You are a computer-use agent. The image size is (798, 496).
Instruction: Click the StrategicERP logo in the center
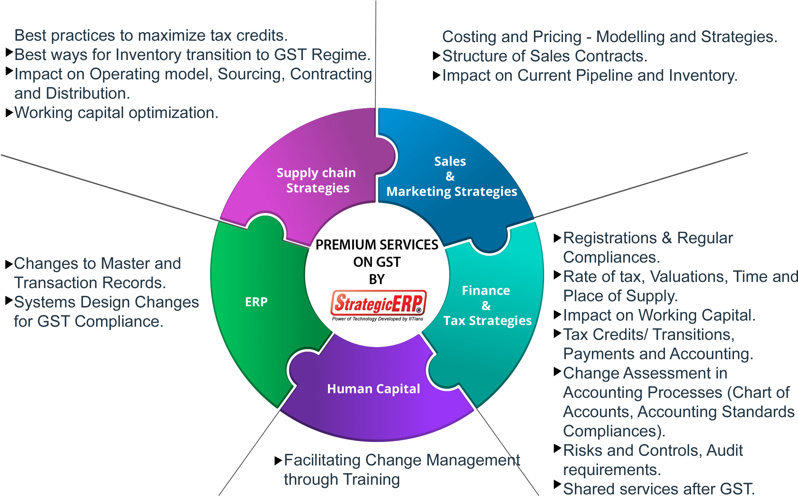378,302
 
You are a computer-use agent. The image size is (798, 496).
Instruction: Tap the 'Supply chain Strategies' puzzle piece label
316,180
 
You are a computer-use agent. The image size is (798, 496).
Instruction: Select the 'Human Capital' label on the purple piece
374,389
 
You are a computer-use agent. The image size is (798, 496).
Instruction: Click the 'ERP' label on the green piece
256,302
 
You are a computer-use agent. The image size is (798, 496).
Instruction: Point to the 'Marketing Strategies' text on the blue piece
452,192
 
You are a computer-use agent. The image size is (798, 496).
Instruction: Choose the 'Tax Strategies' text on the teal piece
488,321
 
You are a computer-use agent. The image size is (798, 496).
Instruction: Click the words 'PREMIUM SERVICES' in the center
377,245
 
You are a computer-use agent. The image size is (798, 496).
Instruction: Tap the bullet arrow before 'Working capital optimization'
9,113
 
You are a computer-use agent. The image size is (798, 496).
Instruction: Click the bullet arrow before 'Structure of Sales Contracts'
437,56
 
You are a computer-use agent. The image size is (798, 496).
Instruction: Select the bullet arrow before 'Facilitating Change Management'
278,461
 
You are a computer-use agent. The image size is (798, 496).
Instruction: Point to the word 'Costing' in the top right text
467,37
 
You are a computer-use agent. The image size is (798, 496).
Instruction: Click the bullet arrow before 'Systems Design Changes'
9,301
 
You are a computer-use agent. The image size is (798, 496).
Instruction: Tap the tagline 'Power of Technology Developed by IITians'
377,319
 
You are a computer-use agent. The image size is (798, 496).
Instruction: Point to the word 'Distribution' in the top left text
88,94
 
